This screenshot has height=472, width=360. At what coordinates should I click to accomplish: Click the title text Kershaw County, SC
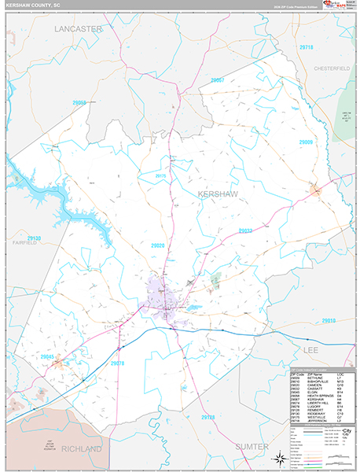tap(36, 6)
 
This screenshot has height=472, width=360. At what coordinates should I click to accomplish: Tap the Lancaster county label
tap(79, 29)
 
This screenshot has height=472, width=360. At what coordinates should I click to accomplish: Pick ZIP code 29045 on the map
tap(49, 356)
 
